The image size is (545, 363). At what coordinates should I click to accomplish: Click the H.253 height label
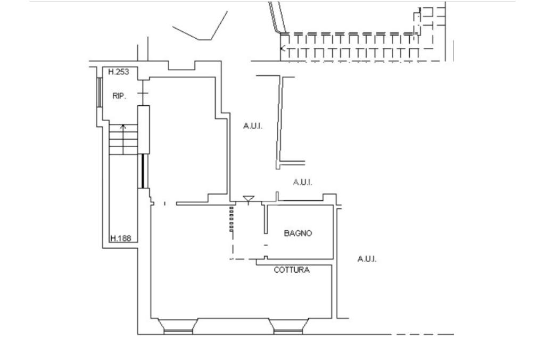click(x=119, y=72)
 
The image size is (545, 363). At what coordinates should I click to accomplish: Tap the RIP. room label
click(x=119, y=96)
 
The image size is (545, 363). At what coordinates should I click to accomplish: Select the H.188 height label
click(x=121, y=239)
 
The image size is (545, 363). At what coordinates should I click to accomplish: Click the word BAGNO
click(x=298, y=233)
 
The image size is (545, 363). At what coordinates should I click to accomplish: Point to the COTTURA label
click(x=292, y=270)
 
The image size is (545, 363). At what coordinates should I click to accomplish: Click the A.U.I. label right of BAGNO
click(x=367, y=259)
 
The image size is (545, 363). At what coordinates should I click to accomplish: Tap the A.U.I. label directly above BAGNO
click(x=302, y=182)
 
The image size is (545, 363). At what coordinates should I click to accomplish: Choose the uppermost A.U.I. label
click(x=253, y=126)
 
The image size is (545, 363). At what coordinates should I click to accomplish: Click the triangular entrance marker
click(x=249, y=199)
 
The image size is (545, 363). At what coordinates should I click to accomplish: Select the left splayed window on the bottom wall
click(x=178, y=326)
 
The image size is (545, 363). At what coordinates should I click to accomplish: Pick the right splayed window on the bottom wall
click(x=288, y=326)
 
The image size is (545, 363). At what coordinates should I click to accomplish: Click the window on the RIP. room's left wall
click(x=99, y=92)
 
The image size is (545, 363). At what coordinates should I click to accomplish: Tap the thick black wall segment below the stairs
click(x=143, y=171)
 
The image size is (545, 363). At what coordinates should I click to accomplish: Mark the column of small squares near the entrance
click(x=232, y=219)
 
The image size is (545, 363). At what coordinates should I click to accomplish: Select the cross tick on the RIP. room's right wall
click(x=143, y=93)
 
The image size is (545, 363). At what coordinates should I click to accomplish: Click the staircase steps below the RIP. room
click(x=123, y=139)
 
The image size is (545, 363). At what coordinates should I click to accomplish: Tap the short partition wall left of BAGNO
click(x=266, y=218)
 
